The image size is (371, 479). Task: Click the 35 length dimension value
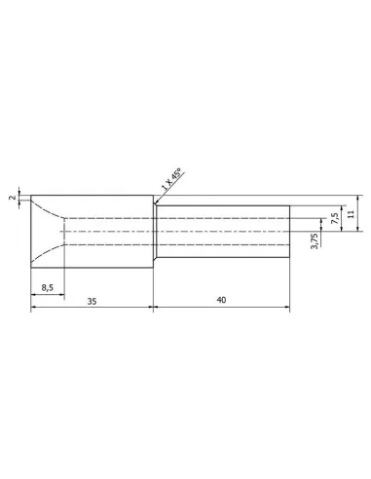click(92, 301)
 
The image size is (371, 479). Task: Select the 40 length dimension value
click(221, 300)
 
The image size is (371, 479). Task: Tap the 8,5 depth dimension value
click(48, 288)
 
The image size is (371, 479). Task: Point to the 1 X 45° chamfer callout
click(171, 179)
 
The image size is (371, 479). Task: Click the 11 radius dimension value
click(352, 214)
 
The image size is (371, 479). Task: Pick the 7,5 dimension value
click(335, 218)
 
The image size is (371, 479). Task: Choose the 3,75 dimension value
click(315, 240)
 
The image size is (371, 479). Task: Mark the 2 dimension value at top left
click(13, 198)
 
